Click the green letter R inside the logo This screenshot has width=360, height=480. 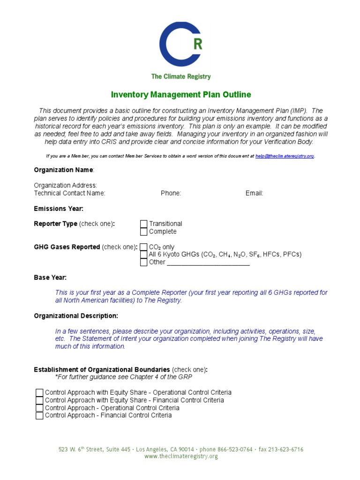198,44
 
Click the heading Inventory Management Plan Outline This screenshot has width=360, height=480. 180,95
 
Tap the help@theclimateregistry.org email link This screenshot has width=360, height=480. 285,156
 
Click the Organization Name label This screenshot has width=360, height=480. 64,170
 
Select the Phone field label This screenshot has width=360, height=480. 171,193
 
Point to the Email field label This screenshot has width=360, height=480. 254,193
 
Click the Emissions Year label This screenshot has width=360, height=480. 59,209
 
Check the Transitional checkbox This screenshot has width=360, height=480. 144,224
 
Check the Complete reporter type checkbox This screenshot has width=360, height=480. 144,232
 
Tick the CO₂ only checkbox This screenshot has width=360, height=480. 144,247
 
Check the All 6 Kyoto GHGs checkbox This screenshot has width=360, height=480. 144,255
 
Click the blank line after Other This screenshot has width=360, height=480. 208,263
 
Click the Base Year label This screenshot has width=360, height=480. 50,277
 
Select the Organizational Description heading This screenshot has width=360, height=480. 76,316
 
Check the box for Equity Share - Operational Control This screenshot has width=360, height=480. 39,393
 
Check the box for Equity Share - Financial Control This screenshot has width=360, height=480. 39,400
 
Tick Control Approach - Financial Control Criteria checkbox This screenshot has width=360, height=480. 39,415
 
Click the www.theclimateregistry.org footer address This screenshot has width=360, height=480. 181,457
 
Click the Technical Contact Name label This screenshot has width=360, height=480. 70,193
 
